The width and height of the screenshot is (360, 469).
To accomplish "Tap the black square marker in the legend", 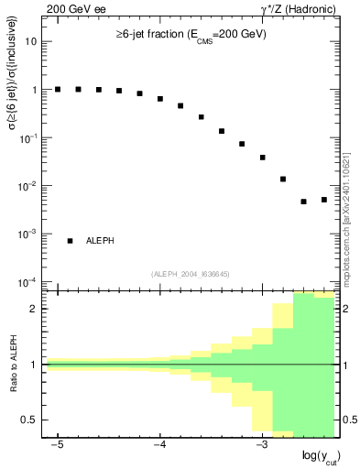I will coord(71,241).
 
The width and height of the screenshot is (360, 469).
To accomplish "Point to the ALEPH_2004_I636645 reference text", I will coord(191,273).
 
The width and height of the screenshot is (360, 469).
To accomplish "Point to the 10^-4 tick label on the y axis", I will coord(28,282).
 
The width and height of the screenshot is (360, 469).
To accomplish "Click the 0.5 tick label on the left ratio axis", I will coord(30,420).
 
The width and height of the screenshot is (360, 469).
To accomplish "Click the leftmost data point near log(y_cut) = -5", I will coord(58,89).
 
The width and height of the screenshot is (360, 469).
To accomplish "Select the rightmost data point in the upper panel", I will coord(324,199).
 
